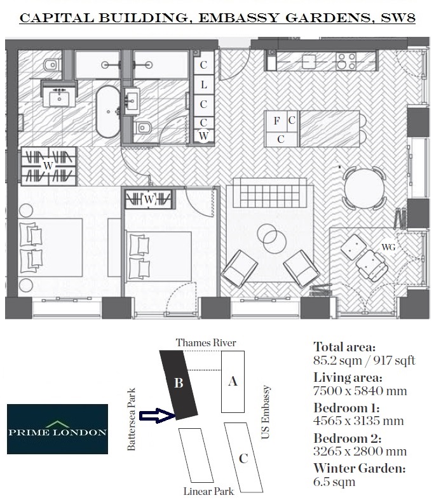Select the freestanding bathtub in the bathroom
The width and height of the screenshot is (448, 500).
click(107, 112)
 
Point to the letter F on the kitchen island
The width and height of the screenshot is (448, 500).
click(277, 119)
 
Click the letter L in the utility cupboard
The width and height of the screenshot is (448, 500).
click(203, 84)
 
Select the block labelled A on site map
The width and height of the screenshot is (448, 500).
click(233, 382)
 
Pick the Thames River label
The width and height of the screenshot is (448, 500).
click(206, 343)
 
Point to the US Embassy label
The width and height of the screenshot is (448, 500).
click(266, 413)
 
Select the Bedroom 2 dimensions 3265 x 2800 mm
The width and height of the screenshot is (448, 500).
click(360, 452)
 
